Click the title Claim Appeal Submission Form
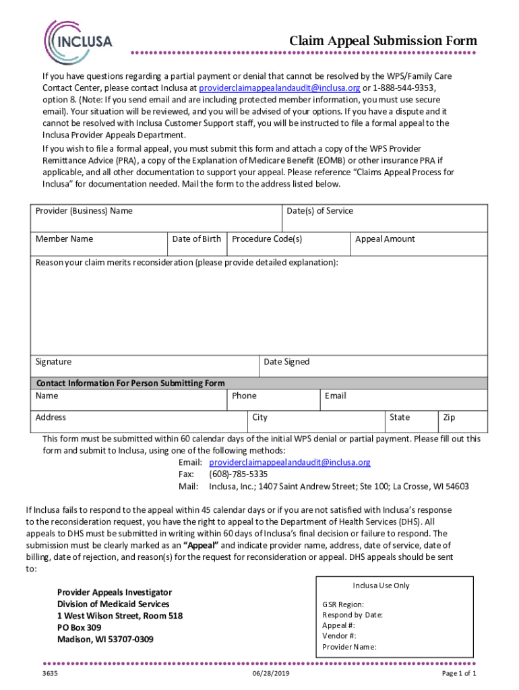[x=383, y=41]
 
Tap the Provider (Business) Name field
[x=156, y=218]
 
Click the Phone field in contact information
[x=273, y=400]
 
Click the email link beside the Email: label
[x=290, y=462]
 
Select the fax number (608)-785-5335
[x=233, y=474]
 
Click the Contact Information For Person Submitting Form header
[x=131, y=383]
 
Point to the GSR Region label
[x=343, y=604]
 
